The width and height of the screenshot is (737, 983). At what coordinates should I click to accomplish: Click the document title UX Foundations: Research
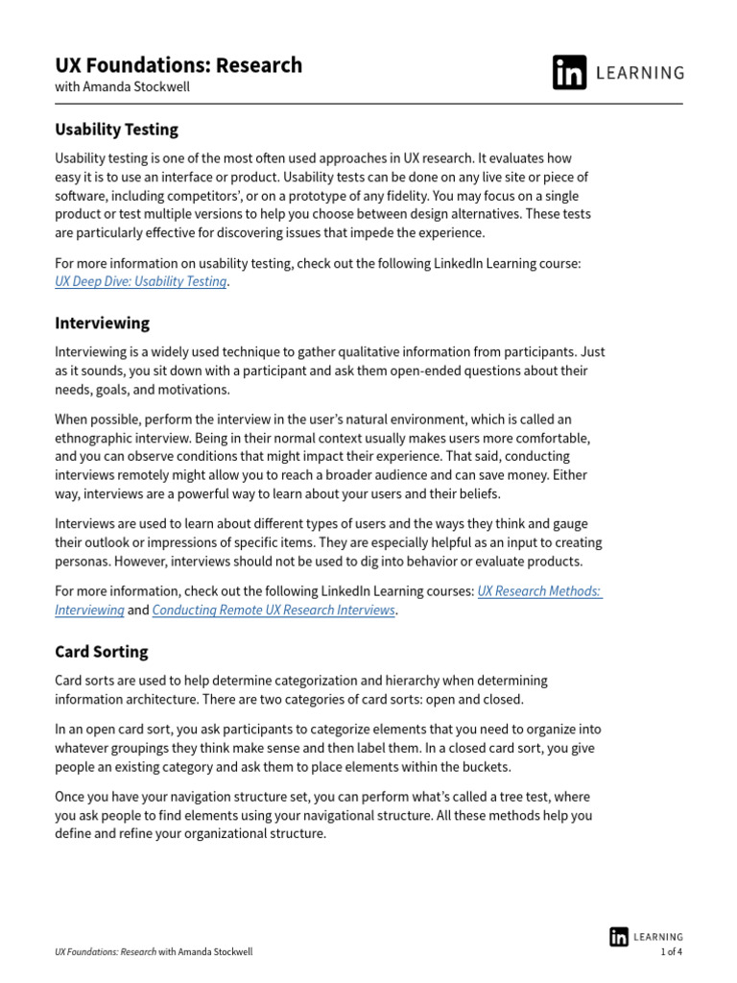tap(178, 65)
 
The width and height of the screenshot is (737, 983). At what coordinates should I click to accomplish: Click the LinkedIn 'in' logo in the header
tap(569, 73)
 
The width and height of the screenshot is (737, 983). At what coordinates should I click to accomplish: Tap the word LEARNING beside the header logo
tap(641, 73)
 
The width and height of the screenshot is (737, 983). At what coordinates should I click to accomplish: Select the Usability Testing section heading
tap(116, 130)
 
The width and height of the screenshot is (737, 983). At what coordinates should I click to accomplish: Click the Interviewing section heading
tap(102, 324)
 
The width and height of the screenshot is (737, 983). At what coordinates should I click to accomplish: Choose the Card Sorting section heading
tap(101, 652)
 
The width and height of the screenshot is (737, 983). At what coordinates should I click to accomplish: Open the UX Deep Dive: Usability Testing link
tap(141, 281)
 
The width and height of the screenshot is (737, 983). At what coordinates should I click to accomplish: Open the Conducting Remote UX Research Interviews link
tap(273, 610)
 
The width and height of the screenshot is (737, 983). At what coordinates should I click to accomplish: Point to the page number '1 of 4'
tap(671, 952)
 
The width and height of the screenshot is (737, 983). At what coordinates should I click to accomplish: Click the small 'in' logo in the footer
tap(619, 936)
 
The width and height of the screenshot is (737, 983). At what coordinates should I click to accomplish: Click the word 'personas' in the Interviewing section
tap(83, 562)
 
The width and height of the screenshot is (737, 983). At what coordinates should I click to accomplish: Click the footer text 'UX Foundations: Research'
tap(106, 952)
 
